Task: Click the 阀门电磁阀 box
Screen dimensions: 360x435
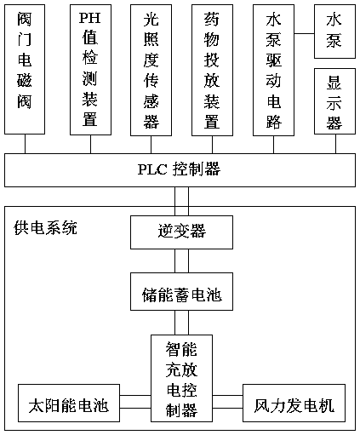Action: pos(25,69)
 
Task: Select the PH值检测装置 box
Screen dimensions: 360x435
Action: pos(90,70)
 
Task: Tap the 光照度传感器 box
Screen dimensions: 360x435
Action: pos(151,70)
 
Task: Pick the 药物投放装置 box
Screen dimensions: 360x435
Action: pos(212,70)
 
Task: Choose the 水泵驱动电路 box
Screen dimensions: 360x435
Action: pos(273,70)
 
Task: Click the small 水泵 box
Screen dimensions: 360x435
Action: pos(334,31)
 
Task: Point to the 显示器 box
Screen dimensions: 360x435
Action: pos(334,101)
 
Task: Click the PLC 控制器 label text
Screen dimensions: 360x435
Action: pos(179,169)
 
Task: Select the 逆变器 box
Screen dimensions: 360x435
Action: pos(181,232)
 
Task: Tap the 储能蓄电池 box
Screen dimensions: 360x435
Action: pos(181,291)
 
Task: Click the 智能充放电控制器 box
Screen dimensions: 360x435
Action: pos(181,378)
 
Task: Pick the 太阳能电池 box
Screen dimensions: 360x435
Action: pos(69,403)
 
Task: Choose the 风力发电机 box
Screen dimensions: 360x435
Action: pos(294,403)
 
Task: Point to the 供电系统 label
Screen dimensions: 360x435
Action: pos(45,228)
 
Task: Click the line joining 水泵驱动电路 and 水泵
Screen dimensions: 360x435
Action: pos(304,33)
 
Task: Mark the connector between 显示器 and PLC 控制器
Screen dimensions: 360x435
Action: pos(336,144)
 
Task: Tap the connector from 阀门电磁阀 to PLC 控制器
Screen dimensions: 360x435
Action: pos(25,144)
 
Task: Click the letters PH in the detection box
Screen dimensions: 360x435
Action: pos(89,18)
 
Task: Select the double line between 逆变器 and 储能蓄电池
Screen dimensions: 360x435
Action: pos(181,261)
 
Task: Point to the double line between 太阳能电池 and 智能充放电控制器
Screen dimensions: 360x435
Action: pos(135,402)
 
